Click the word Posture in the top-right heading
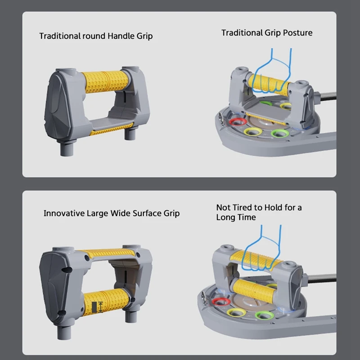coord(297,33)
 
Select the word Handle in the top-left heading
coord(121,36)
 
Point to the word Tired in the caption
coord(243,207)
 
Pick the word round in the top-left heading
coord(94,36)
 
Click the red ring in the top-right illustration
coord(238,121)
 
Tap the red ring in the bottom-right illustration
coord(221,301)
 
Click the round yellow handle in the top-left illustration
coord(106,81)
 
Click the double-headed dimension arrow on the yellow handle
coord(100,307)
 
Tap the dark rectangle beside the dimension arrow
coord(94,307)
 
